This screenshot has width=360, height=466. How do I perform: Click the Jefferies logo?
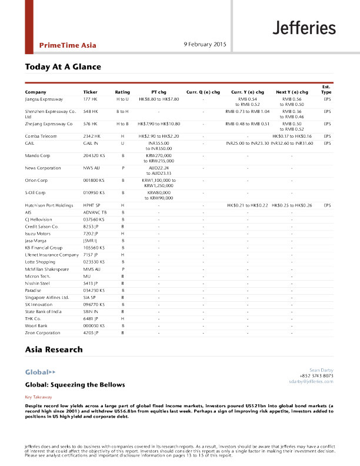tap(304, 28)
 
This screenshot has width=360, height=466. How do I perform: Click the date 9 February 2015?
tap(205, 44)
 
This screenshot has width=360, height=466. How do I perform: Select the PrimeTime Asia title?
tap(68, 45)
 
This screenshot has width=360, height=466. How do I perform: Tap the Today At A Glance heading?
tap(63, 66)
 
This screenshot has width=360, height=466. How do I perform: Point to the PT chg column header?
tap(159, 92)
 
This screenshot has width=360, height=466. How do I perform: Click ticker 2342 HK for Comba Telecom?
tap(93, 136)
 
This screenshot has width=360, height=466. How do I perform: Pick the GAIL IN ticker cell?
tap(91, 143)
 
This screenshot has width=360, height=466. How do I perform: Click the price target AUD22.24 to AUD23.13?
tap(159, 171)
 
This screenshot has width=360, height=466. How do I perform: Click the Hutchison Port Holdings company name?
tap(49, 205)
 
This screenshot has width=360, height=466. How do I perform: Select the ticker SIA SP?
tap(90, 297)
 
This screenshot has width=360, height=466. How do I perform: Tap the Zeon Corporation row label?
tap(42, 333)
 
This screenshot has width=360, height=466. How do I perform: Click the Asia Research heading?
tap(54, 349)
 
